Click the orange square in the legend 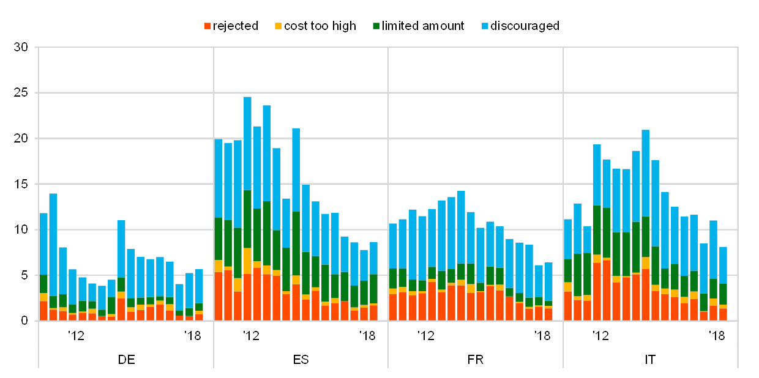(208, 26)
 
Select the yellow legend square (278, 26)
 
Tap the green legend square (376, 26)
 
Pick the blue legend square (485, 26)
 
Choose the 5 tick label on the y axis (24, 275)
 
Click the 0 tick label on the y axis (24, 321)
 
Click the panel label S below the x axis (304, 359)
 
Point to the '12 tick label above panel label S (251, 335)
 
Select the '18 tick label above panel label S (367, 335)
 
